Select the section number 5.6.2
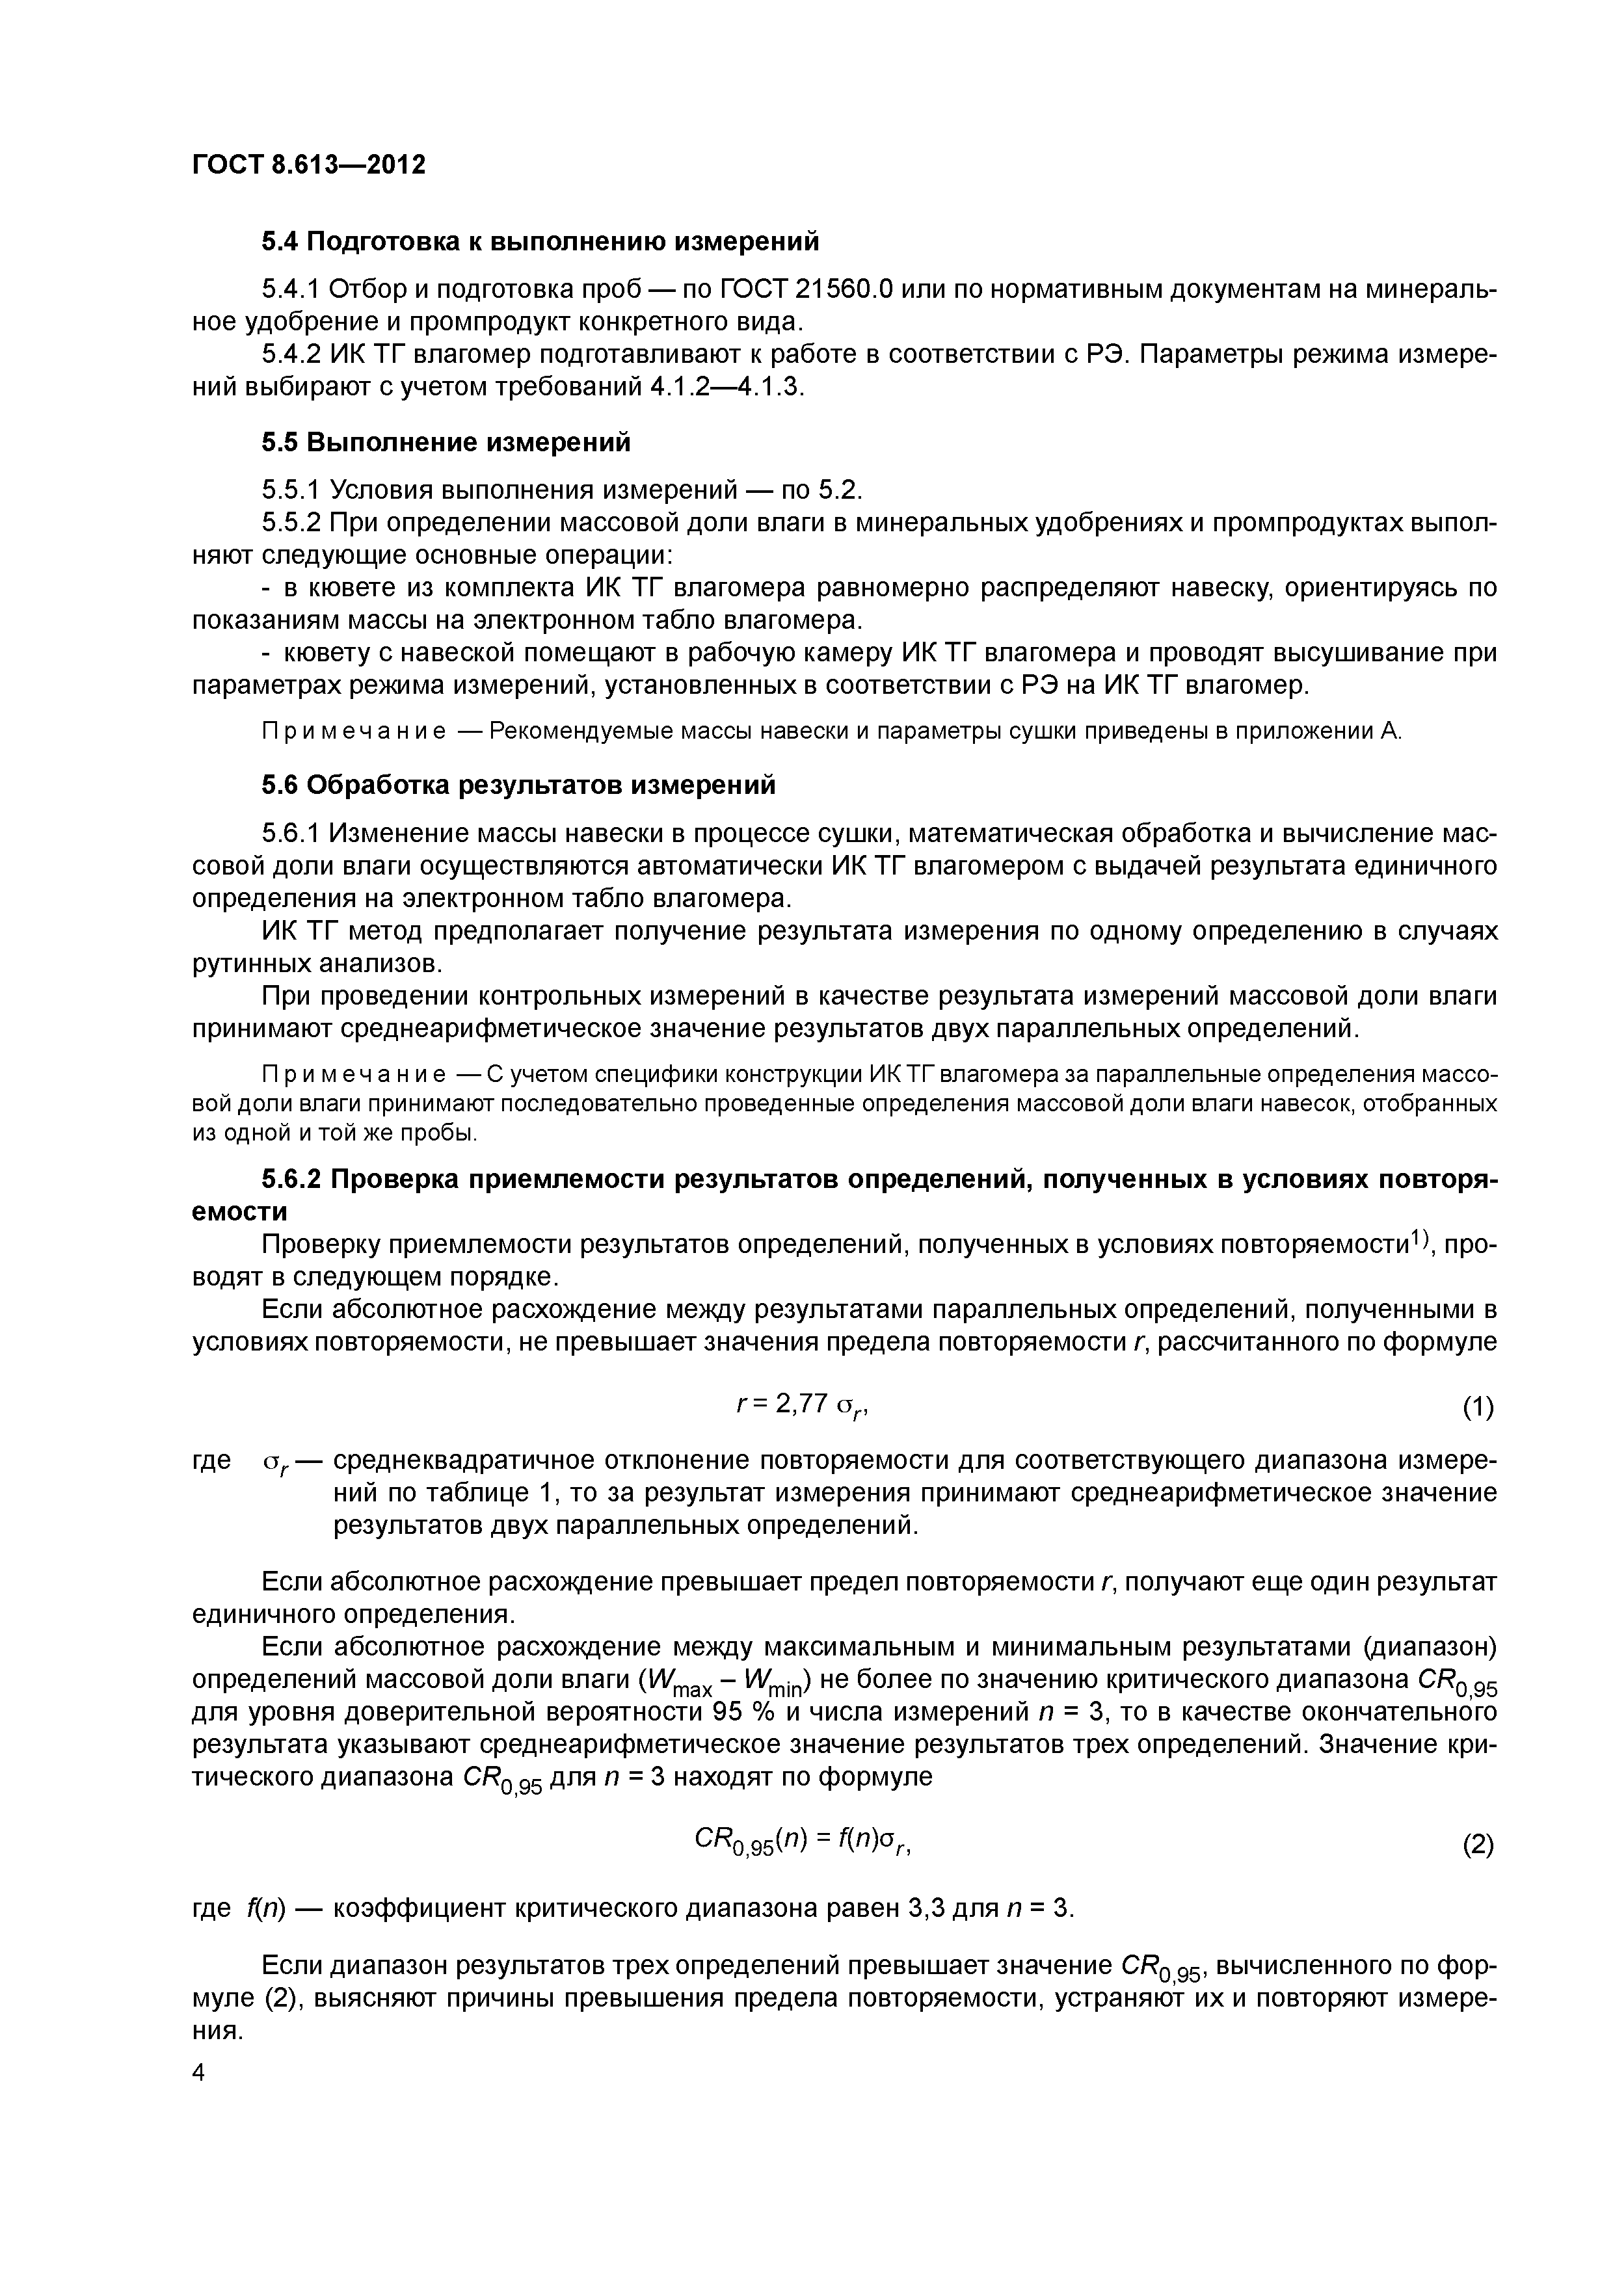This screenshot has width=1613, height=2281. pyautogui.click(x=291, y=1180)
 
